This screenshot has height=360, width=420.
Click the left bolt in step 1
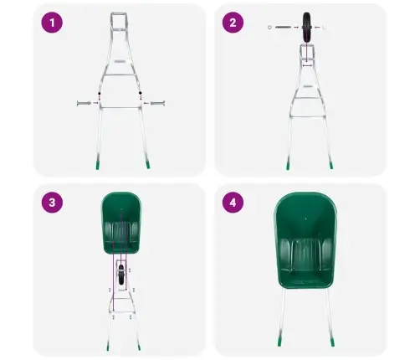[85, 103]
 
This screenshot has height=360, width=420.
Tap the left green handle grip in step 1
[99, 164]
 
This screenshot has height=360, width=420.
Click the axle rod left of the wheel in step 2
[284, 28]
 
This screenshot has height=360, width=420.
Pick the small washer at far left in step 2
[269, 28]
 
